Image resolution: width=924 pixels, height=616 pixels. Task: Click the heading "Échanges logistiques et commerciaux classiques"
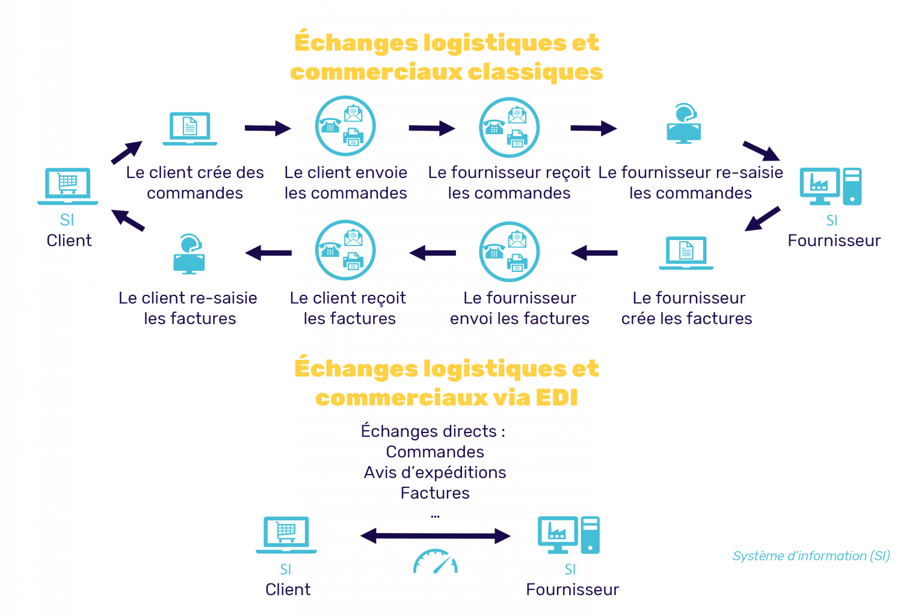pos(446,57)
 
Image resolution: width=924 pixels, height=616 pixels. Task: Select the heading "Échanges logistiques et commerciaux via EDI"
pos(446,383)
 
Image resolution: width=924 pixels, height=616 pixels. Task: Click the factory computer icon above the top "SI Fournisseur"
pos(831,186)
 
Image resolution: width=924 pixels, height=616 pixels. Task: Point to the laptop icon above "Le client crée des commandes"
pos(189,129)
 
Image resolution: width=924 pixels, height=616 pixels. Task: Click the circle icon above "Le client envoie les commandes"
pos(345,127)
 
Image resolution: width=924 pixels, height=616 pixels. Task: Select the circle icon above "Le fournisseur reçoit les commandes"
pos(509,127)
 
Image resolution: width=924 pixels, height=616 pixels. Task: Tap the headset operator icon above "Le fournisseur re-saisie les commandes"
pos(684,125)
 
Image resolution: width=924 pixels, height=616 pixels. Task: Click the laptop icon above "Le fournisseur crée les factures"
pos(686,253)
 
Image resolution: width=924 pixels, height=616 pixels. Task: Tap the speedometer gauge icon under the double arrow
pos(435,561)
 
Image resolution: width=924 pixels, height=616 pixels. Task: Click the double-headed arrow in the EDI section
pos(435,535)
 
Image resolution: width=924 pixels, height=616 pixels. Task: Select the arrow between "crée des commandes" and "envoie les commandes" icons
pos(268,128)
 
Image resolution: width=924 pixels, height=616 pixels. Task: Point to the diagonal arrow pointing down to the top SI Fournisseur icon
pos(761,151)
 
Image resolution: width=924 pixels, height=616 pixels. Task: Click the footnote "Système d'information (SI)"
pos(810,556)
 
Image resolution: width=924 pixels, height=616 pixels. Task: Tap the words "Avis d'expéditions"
pos(435,472)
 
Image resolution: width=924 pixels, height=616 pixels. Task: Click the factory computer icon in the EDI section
pos(568,535)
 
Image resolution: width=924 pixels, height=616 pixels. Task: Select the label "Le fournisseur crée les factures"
pos(687,308)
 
